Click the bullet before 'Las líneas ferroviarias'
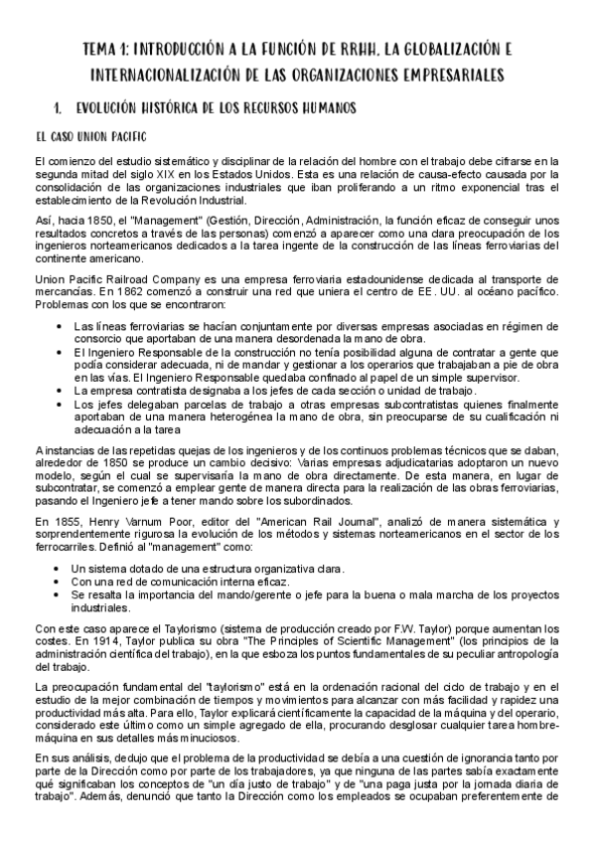(62, 326)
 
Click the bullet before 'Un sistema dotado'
(62, 569)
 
